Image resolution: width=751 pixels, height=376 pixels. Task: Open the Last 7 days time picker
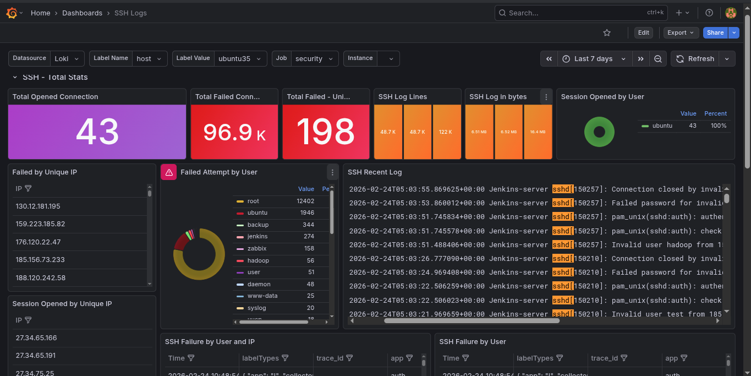click(593, 59)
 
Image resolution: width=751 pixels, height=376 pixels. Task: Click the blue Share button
click(715, 32)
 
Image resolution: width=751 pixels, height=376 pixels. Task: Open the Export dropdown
click(681, 32)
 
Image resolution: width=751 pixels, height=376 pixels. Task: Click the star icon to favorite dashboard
click(607, 33)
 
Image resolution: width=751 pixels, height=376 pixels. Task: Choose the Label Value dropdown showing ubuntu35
click(240, 59)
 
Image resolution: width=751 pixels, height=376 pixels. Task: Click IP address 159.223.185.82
click(41, 224)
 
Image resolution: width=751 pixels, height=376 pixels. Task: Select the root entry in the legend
click(253, 201)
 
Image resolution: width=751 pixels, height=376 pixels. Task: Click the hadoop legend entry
click(257, 260)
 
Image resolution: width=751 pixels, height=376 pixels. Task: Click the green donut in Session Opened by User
click(599, 132)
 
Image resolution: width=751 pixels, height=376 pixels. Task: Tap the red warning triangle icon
click(168, 172)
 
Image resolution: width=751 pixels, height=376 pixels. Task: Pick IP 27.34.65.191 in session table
click(36, 356)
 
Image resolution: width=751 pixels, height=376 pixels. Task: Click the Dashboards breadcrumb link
click(82, 13)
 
